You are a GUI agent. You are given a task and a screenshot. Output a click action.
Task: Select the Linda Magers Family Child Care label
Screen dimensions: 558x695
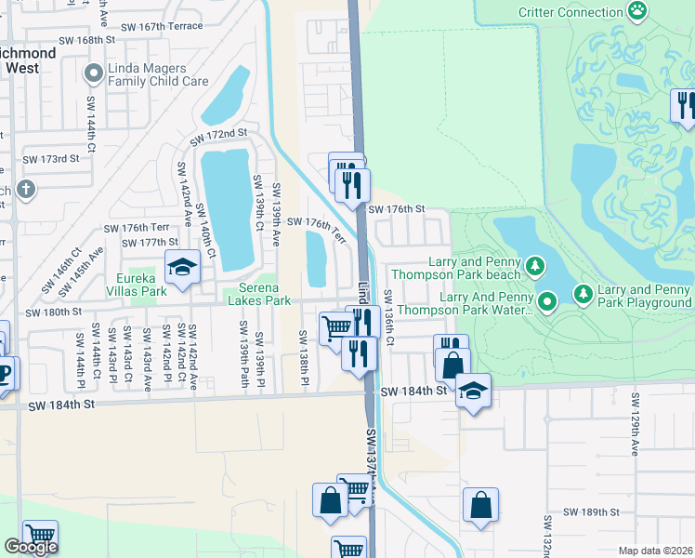click(157, 74)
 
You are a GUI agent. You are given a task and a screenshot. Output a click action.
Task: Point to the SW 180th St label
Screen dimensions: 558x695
click(55, 312)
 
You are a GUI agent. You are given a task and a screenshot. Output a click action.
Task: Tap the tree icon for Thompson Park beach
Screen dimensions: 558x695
click(535, 268)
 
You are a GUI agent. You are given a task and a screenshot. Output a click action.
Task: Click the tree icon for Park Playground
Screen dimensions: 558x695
click(583, 294)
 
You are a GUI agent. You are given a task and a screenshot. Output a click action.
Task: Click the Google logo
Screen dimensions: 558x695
click(31, 547)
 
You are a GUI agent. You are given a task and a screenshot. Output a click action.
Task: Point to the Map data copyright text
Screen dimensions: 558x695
click(656, 551)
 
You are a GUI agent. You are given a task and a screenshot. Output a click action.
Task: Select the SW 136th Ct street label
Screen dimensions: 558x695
click(389, 317)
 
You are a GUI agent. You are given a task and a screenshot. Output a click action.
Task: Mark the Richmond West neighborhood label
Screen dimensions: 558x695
click(27, 60)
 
